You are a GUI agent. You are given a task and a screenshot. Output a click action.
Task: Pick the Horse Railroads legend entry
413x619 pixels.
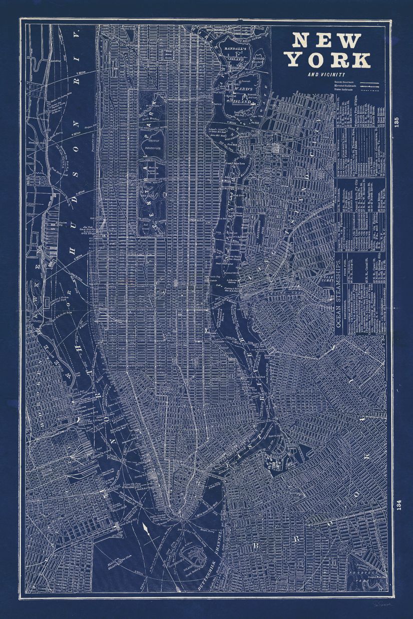coord(345,91)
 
